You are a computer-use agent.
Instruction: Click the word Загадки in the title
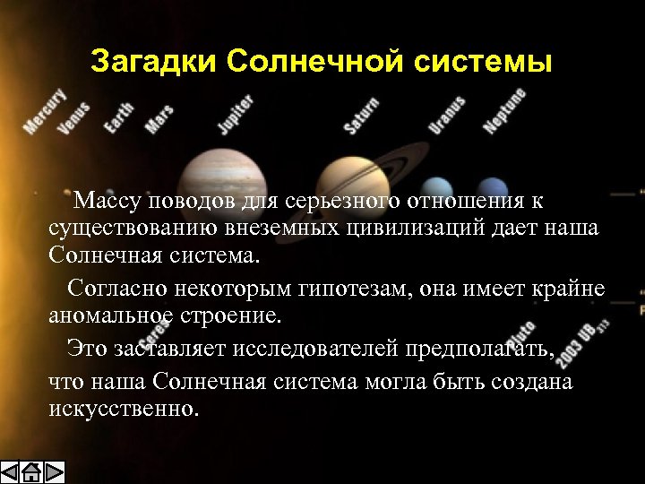tap(154, 62)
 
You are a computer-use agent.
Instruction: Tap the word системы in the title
tap(484, 62)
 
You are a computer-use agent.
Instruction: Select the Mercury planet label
tap(44, 111)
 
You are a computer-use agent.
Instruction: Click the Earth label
tap(118, 117)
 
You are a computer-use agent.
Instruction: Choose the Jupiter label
tap(236, 114)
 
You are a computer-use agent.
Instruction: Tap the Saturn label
tap(361, 117)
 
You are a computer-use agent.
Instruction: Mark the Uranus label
tap(446, 115)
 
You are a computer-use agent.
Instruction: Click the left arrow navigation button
tap(11, 472)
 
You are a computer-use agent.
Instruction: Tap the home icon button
tap(31, 472)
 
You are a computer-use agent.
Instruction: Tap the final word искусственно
tap(124, 409)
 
